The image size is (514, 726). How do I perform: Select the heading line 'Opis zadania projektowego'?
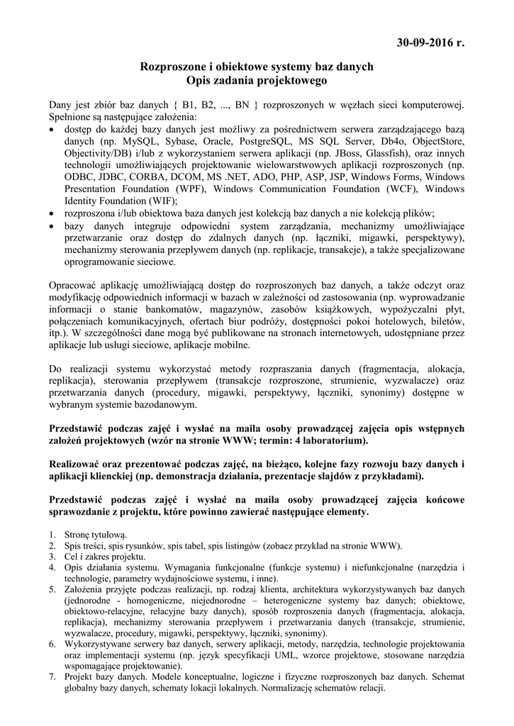tap(257, 81)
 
